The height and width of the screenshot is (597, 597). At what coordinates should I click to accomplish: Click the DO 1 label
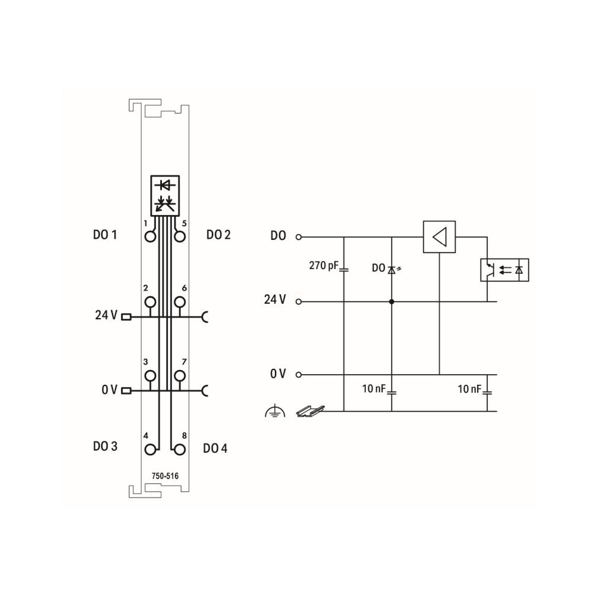click(x=105, y=235)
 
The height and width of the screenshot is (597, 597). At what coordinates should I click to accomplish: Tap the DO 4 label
click(x=215, y=448)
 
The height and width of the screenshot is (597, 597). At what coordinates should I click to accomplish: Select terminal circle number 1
click(x=150, y=237)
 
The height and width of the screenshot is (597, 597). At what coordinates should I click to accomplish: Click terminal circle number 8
click(x=180, y=450)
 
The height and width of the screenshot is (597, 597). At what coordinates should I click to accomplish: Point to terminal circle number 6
click(x=180, y=302)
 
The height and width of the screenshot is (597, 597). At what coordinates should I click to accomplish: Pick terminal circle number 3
click(x=150, y=376)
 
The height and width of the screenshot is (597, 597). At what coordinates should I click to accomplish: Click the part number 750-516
click(x=165, y=476)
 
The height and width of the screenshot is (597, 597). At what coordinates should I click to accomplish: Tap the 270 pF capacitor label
click(x=324, y=265)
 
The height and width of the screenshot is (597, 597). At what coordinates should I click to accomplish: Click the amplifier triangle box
click(x=439, y=237)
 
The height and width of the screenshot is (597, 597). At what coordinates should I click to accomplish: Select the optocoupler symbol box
click(x=504, y=270)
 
